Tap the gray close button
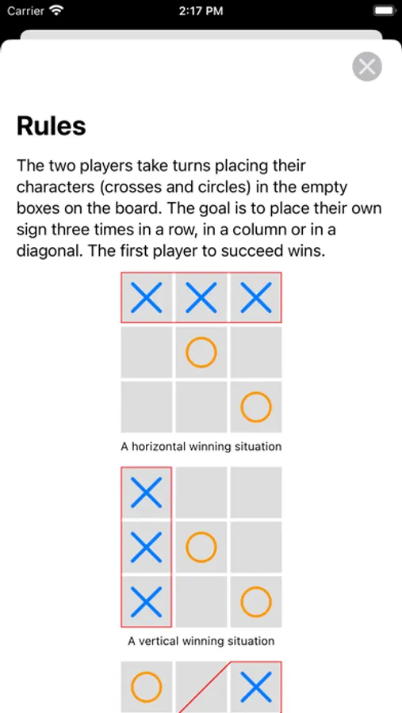tap(367, 67)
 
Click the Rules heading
tap(52, 126)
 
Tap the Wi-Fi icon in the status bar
tap(56, 10)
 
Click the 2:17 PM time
tap(201, 11)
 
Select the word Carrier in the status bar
tap(25, 11)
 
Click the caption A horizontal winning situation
tap(201, 447)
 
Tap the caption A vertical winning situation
tap(201, 641)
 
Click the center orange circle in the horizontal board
tap(201, 352)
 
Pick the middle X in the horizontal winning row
tap(201, 297)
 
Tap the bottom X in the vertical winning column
tap(146, 601)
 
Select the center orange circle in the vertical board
tap(201, 547)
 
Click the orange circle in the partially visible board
tap(146, 687)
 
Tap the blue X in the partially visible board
tap(256, 687)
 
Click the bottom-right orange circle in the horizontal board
tap(256, 406)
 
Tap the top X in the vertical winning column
tap(146, 493)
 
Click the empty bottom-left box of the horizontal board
tap(146, 406)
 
